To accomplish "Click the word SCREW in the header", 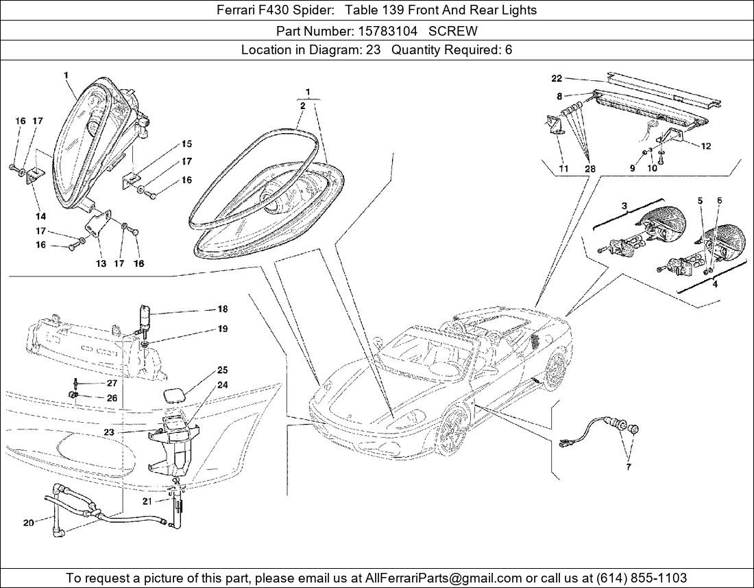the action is coord(453,32).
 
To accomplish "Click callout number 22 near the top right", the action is coord(557,78).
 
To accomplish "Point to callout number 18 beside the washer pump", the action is coord(222,309).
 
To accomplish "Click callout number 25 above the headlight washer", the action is coord(222,370).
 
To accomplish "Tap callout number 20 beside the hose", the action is coord(28,523).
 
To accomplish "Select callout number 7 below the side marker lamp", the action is coord(629,467).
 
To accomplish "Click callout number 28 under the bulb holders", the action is coord(590,168).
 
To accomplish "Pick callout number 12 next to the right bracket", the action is coord(705,145).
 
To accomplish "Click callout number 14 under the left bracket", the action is coord(40,217).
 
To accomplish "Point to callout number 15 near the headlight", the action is coord(186,143).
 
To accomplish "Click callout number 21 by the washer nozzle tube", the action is coord(147,501).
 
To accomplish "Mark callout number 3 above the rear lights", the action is coord(624,207).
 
